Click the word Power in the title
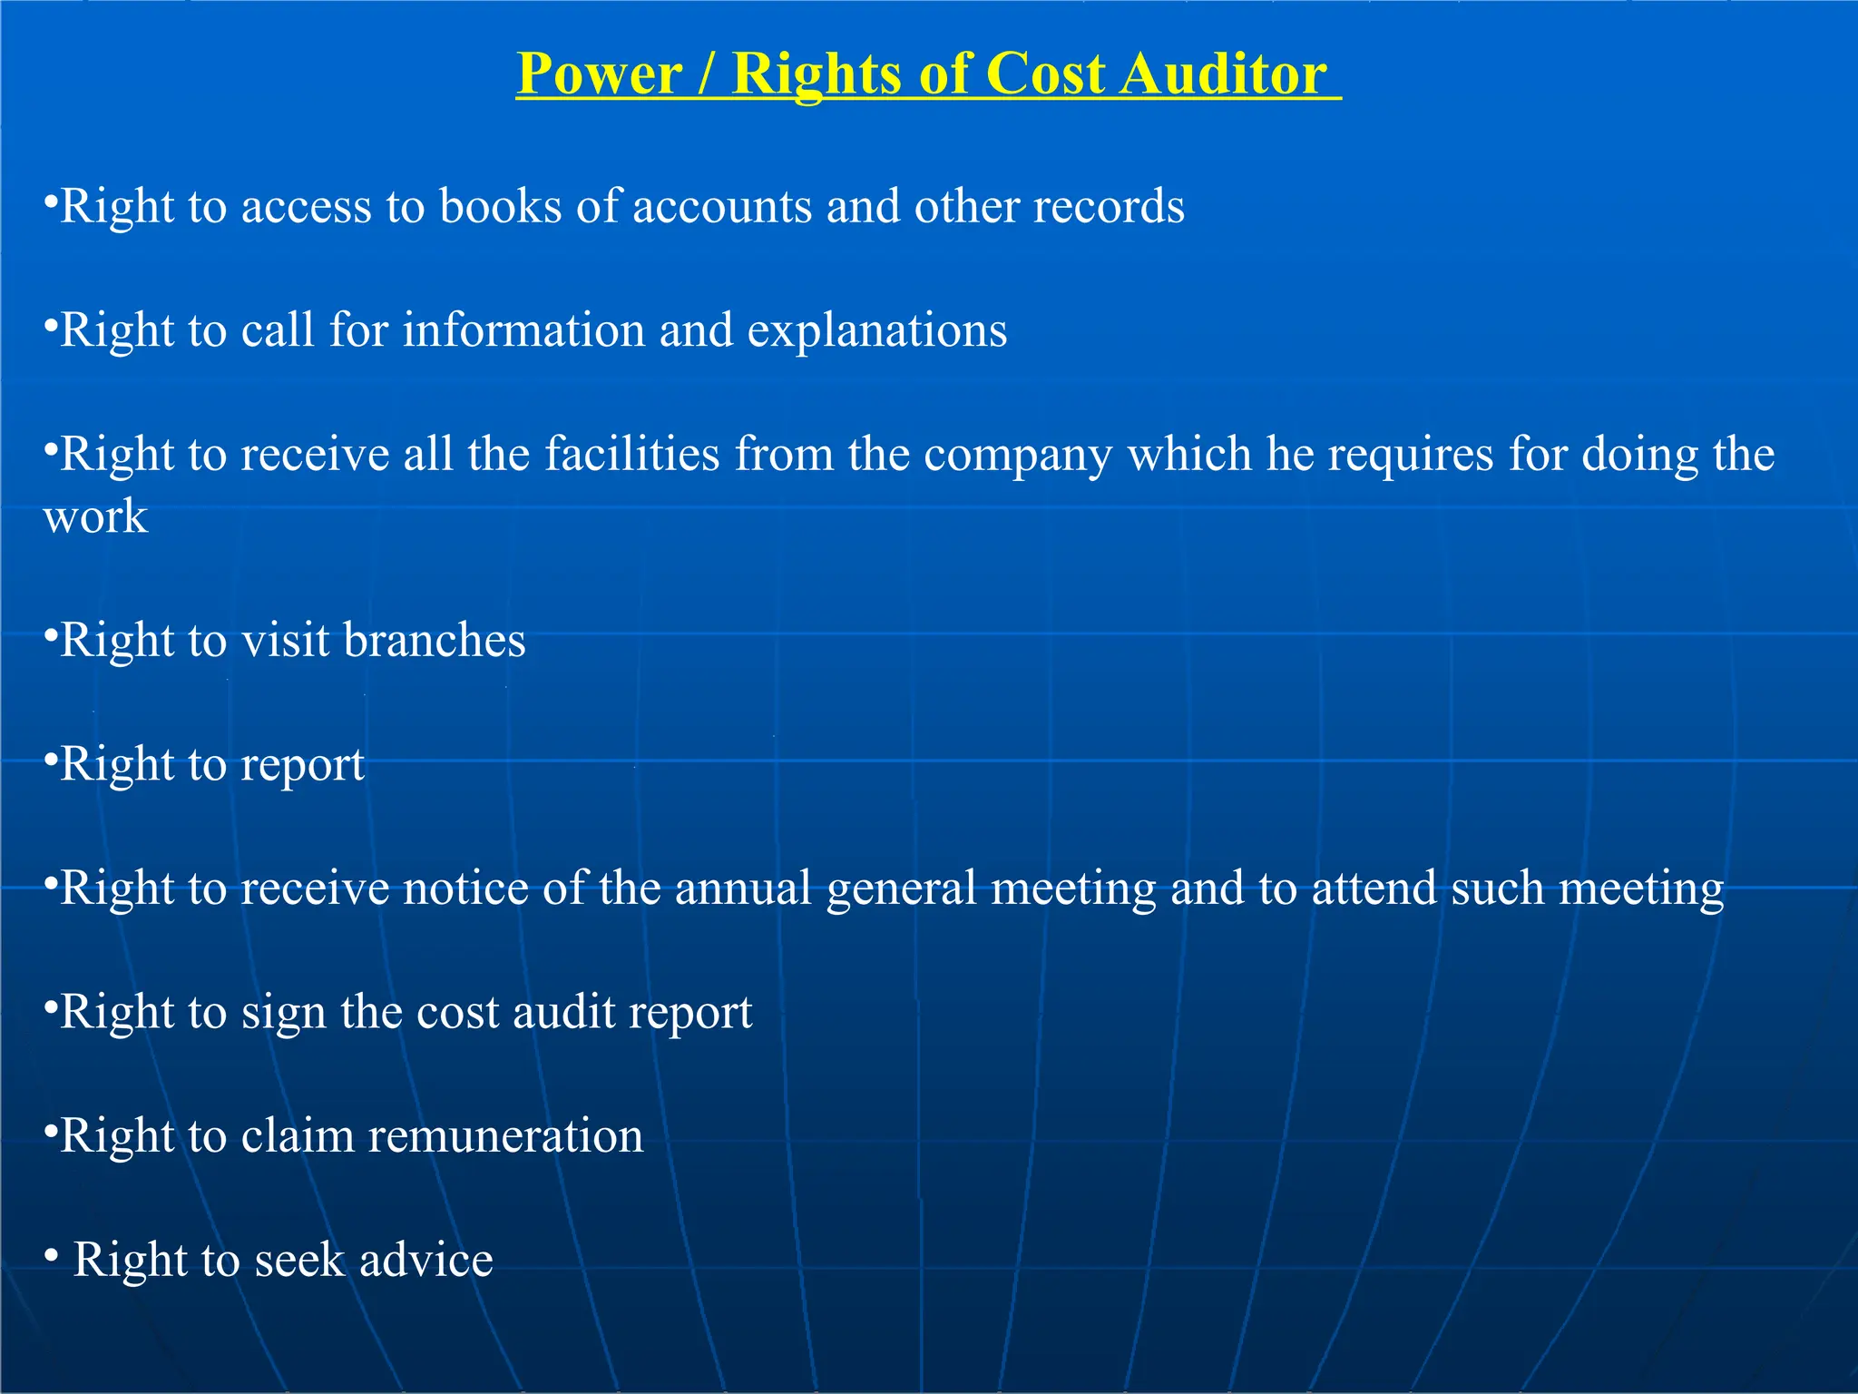point(600,74)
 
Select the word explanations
point(877,331)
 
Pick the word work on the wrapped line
point(95,516)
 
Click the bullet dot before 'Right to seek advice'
point(52,1256)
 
